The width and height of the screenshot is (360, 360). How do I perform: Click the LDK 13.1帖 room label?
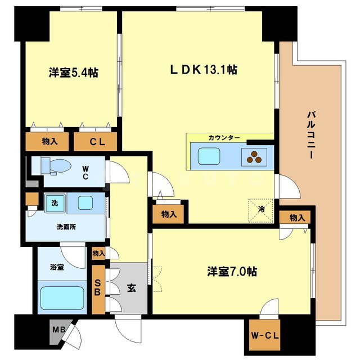tap(203, 70)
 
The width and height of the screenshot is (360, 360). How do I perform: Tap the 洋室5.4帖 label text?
tap(74, 73)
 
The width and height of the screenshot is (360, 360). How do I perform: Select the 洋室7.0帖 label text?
tap(231, 271)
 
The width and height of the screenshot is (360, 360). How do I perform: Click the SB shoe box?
tap(97, 287)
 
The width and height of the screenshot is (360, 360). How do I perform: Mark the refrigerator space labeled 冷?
tap(262, 207)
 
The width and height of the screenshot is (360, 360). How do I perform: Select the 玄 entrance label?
tap(130, 288)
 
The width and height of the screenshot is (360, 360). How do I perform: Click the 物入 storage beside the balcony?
tap(298, 218)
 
